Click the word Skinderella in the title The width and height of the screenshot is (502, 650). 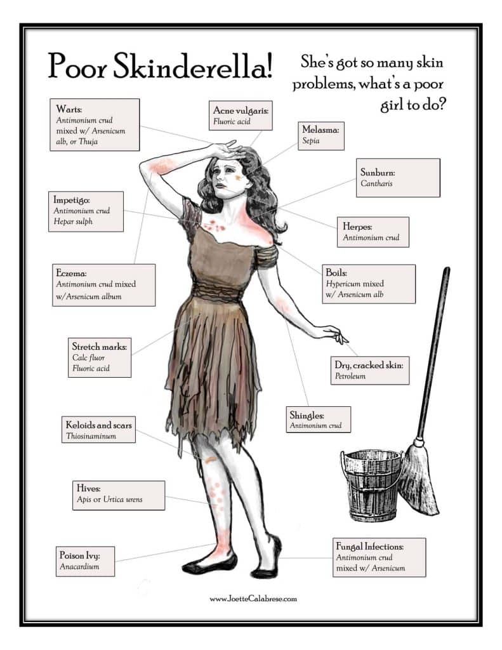click(193, 66)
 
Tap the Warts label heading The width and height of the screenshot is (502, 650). click(69, 109)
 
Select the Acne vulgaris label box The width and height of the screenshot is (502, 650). click(241, 116)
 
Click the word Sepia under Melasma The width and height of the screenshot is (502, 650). click(311, 140)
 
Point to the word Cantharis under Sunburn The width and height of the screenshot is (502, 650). click(376, 183)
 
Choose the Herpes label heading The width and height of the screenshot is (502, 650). click(357, 227)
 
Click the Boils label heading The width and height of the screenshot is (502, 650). click(336, 272)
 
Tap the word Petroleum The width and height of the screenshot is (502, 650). click(350, 376)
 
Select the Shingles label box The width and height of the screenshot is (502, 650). click(319, 420)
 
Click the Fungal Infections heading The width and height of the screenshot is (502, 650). click(370, 547)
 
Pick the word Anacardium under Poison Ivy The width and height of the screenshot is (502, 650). click(79, 566)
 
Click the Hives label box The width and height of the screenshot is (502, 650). click(119, 495)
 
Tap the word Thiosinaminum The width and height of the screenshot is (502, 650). click(91, 436)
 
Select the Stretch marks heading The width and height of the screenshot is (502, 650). click(100, 346)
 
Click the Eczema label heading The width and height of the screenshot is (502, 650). click(71, 273)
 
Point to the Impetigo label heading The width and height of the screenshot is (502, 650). click(71, 200)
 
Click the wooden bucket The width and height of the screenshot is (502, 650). click(371, 485)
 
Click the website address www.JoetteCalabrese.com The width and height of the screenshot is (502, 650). click(253, 599)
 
